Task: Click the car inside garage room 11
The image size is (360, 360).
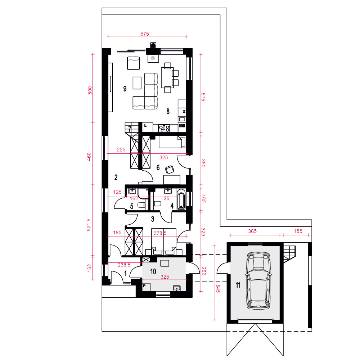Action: click(258, 280)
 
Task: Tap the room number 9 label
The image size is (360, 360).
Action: click(125, 89)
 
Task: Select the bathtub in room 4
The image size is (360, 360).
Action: click(181, 199)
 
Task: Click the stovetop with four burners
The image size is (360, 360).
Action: click(164, 128)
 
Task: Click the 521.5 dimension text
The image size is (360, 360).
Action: click(89, 225)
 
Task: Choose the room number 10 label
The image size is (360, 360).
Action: click(153, 271)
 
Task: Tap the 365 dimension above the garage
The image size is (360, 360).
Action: click(252, 231)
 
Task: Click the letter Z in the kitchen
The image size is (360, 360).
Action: click(184, 112)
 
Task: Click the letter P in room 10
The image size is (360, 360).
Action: click(144, 286)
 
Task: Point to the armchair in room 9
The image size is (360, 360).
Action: click(134, 63)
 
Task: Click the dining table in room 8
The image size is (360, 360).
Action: click(167, 78)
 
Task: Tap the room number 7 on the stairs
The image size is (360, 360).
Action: click(130, 129)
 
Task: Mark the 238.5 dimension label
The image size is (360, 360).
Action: click(124, 265)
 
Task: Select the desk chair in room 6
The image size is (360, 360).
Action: click(170, 170)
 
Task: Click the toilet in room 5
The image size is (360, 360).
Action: click(141, 205)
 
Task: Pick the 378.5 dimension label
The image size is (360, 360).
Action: click(160, 233)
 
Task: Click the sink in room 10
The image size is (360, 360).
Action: click(176, 288)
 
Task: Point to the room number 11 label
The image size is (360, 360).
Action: click(238, 285)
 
